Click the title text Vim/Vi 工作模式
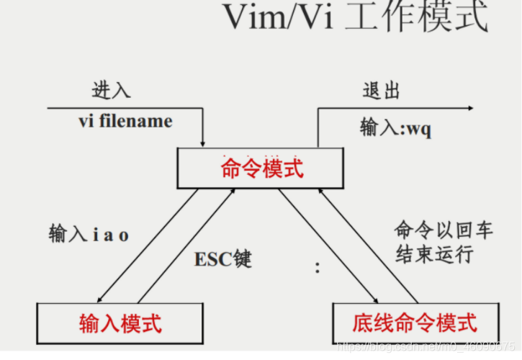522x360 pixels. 355,19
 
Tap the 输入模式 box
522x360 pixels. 120,323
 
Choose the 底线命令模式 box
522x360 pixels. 414,323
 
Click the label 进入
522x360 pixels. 111,91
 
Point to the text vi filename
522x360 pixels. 125,120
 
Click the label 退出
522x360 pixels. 381,91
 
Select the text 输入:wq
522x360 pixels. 396,130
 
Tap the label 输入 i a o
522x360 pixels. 89,235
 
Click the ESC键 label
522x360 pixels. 223,259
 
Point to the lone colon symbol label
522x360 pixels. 317,268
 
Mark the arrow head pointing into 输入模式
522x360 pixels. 99,299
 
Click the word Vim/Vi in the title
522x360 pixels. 276,19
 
